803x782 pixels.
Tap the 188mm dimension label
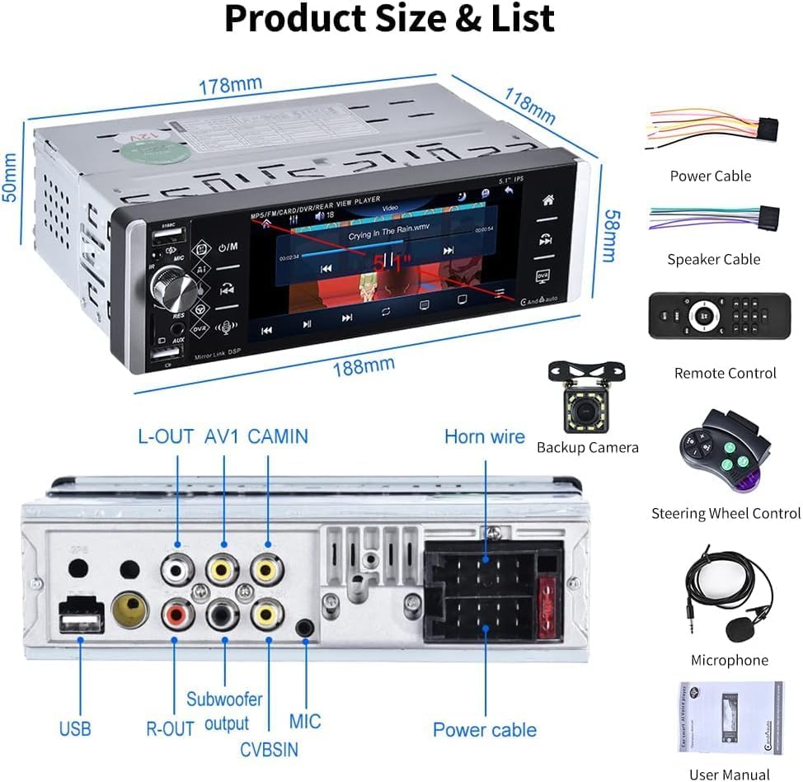[363, 365]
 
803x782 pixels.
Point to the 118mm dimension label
[528, 108]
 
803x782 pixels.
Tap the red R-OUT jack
[177, 612]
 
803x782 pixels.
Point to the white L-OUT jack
[177, 568]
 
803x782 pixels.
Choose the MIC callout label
[305, 721]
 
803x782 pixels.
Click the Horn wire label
[485, 436]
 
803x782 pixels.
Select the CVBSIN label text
[270, 750]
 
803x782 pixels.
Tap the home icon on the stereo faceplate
[547, 200]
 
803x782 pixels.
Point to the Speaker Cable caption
[713, 259]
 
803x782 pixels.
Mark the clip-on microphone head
[739, 629]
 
